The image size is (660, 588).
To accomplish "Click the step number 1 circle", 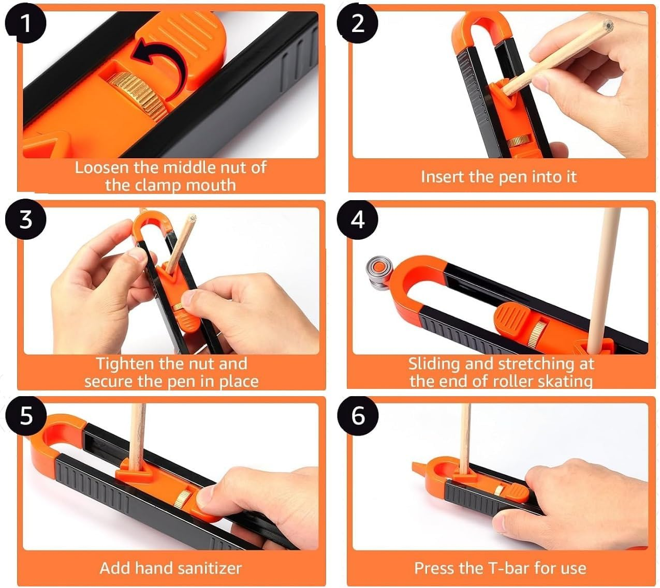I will pos(24,23).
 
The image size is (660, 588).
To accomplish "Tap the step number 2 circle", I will pos(358,23).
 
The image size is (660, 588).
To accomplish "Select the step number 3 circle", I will pos(25,219).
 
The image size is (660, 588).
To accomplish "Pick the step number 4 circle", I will pos(358,219).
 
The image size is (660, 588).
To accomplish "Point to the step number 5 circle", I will pos(25,415).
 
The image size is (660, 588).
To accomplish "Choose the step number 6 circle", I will pos(358,415).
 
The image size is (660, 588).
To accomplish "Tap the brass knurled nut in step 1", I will pos(145,93).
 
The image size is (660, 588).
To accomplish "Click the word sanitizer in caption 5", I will pos(211,568).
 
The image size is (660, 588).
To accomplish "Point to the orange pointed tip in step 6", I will pos(417,465).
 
